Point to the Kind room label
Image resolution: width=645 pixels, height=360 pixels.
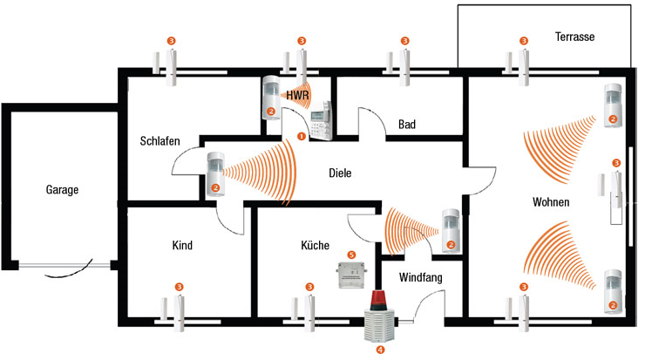(x=182, y=246)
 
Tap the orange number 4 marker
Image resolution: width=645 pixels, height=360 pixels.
(x=379, y=349)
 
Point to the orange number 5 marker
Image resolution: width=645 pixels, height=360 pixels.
(x=351, y=255)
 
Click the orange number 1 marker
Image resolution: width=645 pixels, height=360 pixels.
(x=302, y=136)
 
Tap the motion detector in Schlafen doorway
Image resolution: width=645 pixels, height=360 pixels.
(x=216, y=173)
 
